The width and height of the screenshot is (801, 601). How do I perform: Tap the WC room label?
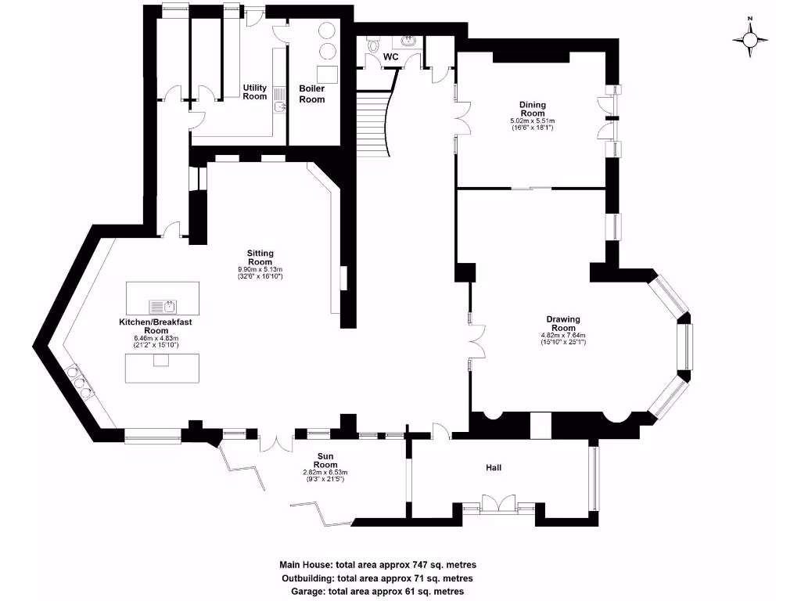(391, 57)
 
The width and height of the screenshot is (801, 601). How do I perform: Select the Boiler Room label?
(312, 94)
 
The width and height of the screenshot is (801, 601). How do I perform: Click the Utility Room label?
(255, 92)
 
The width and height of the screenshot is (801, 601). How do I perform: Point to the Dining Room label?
(533, 109)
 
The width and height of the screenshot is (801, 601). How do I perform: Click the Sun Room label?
(325, 459)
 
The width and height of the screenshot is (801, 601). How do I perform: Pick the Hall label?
(493, 468)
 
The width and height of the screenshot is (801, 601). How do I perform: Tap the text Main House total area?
(378, 564)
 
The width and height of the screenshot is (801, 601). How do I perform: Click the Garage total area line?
(378, 592)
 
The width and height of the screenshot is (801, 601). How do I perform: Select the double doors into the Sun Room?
(275, 442)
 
